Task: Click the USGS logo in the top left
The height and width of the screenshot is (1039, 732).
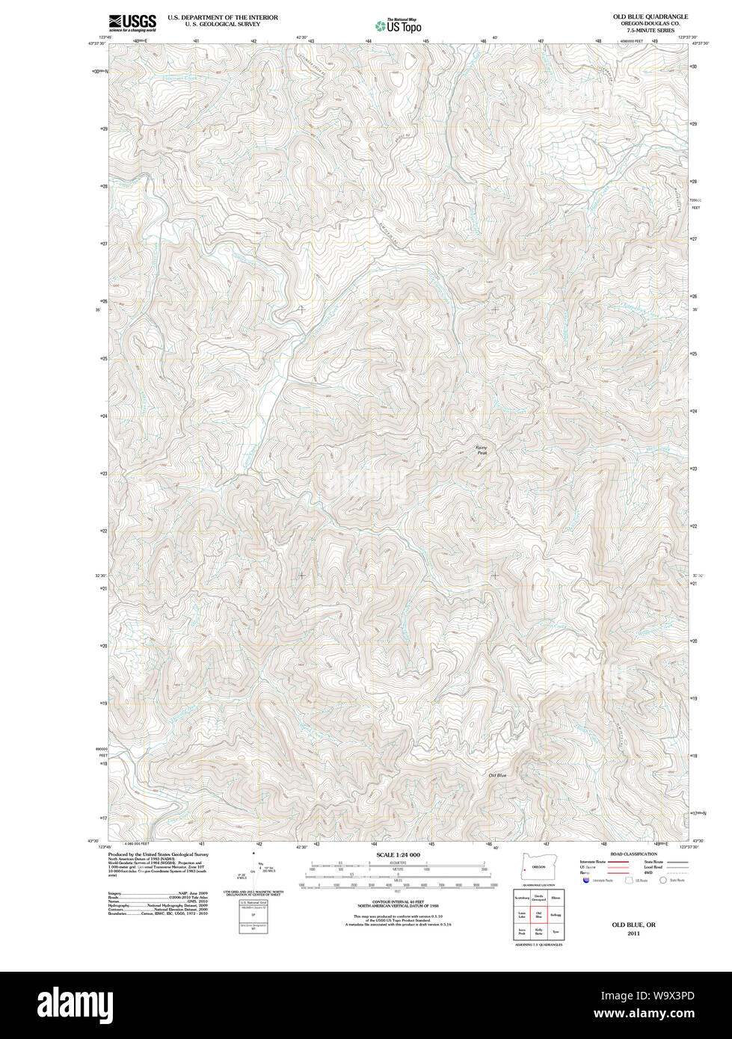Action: [x=132, y=22]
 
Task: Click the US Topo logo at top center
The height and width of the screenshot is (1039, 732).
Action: [x=399, y=25]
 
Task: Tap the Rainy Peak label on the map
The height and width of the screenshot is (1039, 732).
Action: [x=482, y=450]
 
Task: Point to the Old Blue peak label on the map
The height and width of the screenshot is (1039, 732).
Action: [x=497, y=775]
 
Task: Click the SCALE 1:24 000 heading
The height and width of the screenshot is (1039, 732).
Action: [x=398, y=854]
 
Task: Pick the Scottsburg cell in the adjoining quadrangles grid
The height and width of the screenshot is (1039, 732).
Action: [x=521, y=897]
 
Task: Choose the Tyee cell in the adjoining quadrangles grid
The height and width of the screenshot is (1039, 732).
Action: [x=556, y=931]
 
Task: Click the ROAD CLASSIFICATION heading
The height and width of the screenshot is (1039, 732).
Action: [x=633, y=854]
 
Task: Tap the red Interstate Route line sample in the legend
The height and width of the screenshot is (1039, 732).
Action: [x=616, y=861]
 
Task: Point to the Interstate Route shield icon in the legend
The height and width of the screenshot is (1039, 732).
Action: [x=586, y=880]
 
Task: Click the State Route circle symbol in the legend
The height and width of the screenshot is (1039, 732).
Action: [x=662, y=880]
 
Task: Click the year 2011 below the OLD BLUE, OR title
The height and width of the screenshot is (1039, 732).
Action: [x=633, y=934]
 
